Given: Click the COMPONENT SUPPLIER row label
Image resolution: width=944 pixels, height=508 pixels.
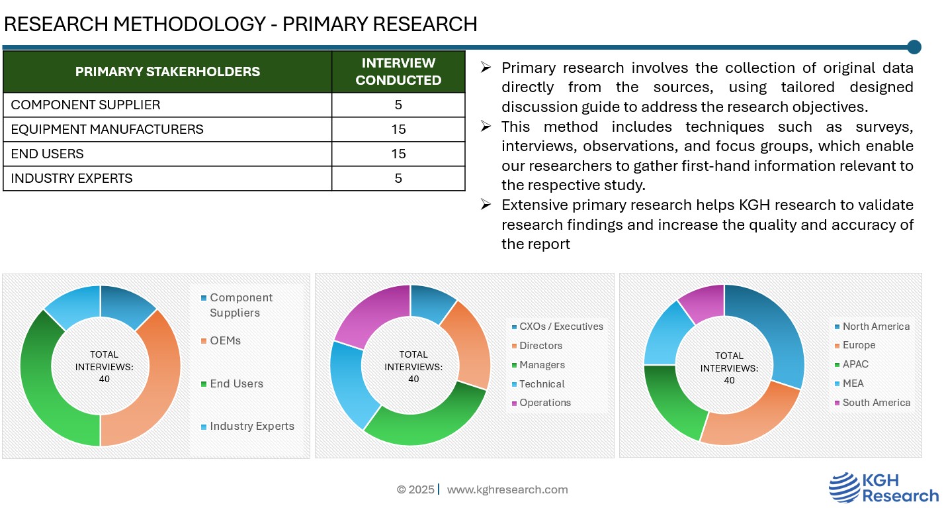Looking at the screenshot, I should tap(85, 105).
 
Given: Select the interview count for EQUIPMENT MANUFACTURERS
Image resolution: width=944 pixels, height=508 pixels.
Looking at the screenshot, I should tap(398, 129).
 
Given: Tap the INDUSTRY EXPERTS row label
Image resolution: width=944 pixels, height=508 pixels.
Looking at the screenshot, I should tap(71, 178).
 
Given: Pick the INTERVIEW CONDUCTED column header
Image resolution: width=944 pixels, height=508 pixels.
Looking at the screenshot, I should tap(398, 72).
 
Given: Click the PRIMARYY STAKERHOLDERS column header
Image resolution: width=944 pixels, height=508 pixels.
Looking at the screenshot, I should tap(167, 72).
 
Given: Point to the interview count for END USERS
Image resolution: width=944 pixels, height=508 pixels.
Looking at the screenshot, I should tap(398, 154).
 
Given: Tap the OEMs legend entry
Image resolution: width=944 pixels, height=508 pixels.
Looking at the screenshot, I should tap(225, 340).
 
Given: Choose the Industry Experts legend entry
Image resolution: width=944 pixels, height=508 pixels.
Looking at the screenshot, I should tap(251, 426).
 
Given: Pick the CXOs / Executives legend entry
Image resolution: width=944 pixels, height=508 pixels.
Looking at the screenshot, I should tap(561, 327).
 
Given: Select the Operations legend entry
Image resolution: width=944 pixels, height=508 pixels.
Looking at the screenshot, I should tap(544, 403).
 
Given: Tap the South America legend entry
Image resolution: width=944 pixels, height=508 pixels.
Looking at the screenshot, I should tap(876, 403).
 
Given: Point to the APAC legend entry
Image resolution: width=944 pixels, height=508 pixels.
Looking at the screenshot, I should tap(855, 364).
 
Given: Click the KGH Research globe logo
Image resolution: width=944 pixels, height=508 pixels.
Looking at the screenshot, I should tap(843, 487).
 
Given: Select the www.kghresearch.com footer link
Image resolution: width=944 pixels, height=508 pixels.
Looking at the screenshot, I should tap(507, 489).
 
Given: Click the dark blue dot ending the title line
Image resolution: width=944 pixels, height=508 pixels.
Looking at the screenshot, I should tap(914, 47).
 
